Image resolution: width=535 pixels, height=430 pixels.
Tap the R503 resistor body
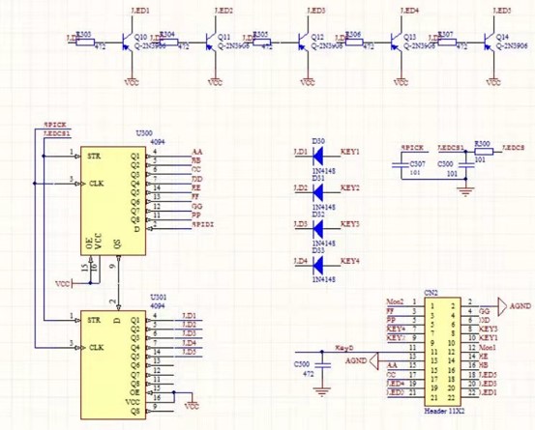(85, 41)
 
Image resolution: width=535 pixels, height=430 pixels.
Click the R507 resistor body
(445, 41)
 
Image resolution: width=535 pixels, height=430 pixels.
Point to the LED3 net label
(316, 11)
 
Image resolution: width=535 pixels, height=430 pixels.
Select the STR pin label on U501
(95, 320)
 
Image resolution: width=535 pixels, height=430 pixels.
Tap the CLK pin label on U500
(96, 183)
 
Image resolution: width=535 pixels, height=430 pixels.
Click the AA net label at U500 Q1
(197, 153)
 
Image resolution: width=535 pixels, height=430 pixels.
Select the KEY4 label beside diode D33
(350, 261)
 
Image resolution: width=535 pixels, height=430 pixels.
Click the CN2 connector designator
(431, 291)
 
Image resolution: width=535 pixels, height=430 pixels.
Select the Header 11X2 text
(445, 409)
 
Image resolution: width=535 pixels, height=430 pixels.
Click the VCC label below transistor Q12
(306, 82)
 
